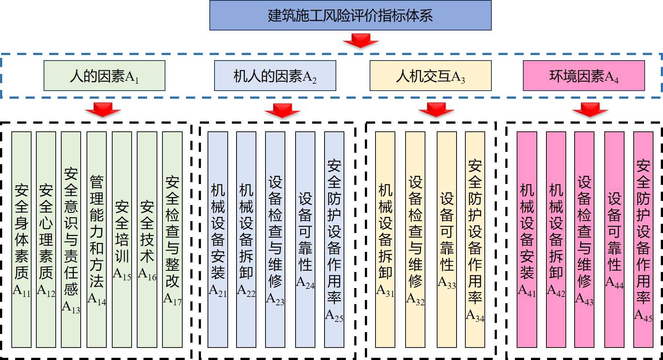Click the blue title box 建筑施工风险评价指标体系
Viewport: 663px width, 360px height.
pyautogui.click(x=350, y=15)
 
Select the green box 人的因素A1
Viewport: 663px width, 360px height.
pyautogui.click(x=104, y=76)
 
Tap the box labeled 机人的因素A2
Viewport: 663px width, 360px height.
pyautogui.click(x=275, y=76)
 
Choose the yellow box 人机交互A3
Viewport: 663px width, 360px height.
pyautogui.click(x=430, y=76)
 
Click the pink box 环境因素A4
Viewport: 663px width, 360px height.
pyautogui.click(x=583, y=76)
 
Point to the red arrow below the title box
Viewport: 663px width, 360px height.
pyautogui.click(x=361, y=40)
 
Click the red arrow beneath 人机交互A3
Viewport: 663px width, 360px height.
pyautogui.click(x=436, y=109)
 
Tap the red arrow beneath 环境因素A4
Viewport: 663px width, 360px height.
pyautogui.click(x=590, y=109)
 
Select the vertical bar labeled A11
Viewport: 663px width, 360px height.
pyautogui.click(x=21, y=239)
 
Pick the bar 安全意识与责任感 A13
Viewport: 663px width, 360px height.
pyautogui.click(x=71, y=239)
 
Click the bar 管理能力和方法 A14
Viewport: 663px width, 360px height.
pyautogui.click(x=96, y=239)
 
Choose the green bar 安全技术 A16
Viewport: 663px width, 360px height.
pyautogui.click(x=147, y=239)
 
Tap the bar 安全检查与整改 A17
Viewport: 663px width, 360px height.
pyautogui.click(x=172, y=239)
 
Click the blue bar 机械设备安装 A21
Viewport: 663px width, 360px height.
pyautogui.click(x=217, y=239)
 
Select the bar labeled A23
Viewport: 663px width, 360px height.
pyautogui.click(x=275, y=239)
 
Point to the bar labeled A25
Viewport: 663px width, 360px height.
pyautogui.click(x=334, y=239)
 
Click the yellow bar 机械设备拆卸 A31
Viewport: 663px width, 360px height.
pyautogui.click(x=385, y=239)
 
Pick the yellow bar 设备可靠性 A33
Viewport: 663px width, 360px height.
pyautogui.click(x=447, y=239)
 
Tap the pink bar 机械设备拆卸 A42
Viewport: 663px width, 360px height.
pyautogui.click(x=556, y=239)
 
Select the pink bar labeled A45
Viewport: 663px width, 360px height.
pyautogui.click(x=643, y=239)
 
